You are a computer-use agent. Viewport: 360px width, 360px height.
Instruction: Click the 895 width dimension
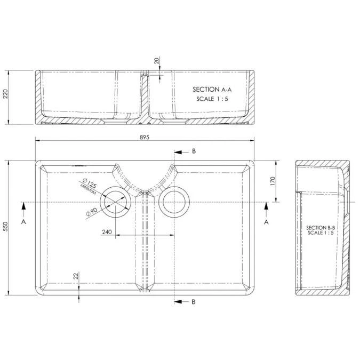pos(144,137)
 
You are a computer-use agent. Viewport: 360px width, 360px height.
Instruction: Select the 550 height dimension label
pos(5,227)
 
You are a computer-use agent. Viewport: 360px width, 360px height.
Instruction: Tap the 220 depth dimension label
pos(5,94)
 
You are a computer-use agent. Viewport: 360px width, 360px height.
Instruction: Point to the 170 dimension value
pos(272,181)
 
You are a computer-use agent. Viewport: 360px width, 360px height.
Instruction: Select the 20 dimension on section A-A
pos(156,61)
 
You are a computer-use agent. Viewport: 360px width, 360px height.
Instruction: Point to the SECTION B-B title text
pos(319,228)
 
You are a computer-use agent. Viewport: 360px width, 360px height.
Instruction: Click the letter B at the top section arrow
pos(194,151)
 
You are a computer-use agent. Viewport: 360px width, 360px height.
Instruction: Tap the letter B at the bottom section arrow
pos(194,302)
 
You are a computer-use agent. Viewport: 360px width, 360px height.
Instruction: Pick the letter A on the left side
pos(23,220)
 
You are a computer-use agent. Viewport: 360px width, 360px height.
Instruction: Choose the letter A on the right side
pos(266,220)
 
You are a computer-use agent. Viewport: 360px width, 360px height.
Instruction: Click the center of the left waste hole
pos(116,202)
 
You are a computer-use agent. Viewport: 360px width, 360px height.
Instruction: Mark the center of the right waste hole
pos(174,202)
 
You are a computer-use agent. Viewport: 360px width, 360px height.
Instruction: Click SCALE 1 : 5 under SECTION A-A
pos(212,99)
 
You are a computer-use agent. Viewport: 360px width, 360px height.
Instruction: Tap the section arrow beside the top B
pos(180,151)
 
